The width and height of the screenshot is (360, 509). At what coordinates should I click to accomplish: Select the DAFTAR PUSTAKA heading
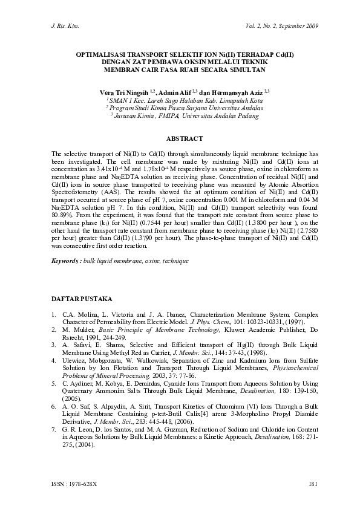[x=80, y=300]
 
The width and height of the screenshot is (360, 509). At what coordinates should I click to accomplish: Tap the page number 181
[x=313, y=483]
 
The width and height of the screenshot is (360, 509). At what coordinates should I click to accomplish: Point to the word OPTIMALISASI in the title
[x=100, y=54]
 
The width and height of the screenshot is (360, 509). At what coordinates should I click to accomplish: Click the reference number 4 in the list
[x=54, y=358]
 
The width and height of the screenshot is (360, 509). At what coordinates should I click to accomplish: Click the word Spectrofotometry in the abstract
[x=76, y=206]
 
